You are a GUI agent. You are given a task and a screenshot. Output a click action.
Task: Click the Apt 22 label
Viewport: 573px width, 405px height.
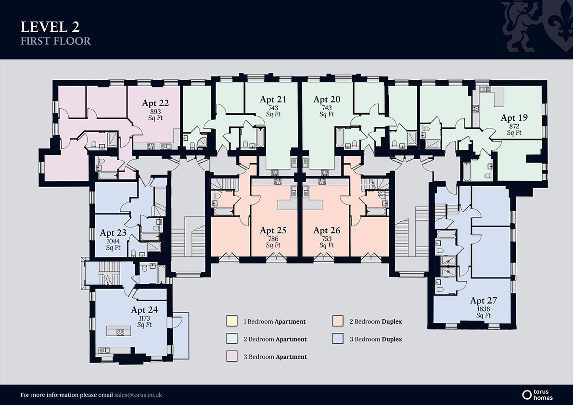click(x=155, y=103)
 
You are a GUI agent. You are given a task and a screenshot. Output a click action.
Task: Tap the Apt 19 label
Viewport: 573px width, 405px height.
click(x=514, y=117)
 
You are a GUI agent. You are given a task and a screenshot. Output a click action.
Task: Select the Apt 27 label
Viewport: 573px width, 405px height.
click(x=484, y=301)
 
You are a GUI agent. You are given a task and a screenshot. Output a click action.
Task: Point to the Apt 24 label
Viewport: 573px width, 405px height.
click(x=144, y=310)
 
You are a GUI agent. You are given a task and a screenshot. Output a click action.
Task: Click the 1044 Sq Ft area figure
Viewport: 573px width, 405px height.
click(x=113, y=244)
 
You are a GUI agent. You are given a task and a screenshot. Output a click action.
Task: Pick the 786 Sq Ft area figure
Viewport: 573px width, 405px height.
click(x=273, y=242)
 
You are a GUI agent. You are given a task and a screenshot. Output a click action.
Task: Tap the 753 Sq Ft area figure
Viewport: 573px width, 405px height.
click(x=327, y=242)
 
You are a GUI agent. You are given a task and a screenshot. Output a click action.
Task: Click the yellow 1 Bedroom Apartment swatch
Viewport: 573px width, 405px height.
click(x=232, y=321)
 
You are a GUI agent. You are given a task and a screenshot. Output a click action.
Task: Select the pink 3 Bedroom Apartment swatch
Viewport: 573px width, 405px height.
click(x=232, y=356)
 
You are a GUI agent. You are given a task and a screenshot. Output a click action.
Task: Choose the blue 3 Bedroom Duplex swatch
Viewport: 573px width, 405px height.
click(x=338, y=339)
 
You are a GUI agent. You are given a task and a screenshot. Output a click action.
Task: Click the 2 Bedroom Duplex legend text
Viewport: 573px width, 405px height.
click(x=376, y=321)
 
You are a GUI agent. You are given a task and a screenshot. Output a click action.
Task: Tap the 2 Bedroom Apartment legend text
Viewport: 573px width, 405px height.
click(x=275, y=339)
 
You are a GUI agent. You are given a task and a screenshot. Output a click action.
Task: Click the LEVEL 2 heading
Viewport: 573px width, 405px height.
click(x=50, y=27)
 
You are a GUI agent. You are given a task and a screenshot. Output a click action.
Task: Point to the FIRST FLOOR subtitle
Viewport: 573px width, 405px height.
click(x=55, y=41)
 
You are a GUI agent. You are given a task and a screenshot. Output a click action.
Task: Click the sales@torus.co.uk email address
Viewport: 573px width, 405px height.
click(x=138, y=395)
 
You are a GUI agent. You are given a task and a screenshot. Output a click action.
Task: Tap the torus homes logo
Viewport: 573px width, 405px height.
click(x=537, y=395)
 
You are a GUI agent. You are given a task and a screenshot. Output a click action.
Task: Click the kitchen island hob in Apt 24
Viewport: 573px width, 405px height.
click(x=120, y=332)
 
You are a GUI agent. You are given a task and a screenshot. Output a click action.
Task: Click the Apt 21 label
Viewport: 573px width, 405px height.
click(x=273, y=100)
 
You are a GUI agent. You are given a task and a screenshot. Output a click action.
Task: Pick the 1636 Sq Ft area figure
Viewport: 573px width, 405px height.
click(x=484, y=312)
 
